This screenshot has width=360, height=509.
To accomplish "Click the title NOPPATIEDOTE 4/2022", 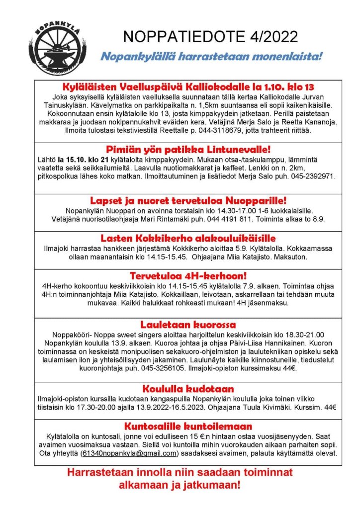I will coord(211,36).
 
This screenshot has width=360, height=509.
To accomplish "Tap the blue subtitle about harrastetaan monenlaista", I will coord(211,56).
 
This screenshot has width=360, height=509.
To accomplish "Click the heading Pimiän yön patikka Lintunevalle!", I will coord(188,150).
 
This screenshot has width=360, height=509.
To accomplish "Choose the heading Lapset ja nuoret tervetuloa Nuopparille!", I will coord(188,201).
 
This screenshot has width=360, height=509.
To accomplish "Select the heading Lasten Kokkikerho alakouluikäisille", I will coord(188,238).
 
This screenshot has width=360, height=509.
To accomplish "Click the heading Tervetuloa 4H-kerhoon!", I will coord(188,275).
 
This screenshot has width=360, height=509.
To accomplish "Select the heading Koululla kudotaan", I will coord(188,389).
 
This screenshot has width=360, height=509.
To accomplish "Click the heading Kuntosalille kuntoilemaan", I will coord(188,426).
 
